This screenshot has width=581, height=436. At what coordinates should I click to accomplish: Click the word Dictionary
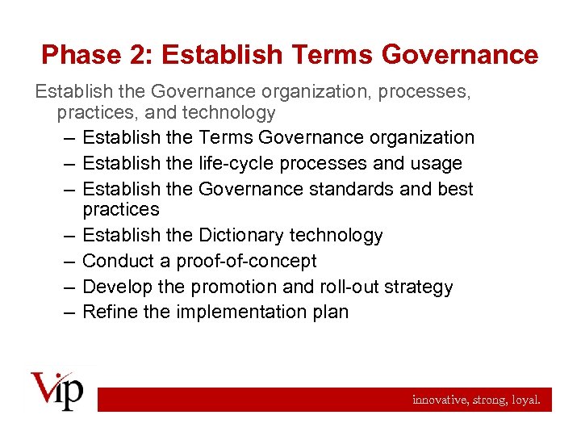pyautogui.click(x=249, y=236)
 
